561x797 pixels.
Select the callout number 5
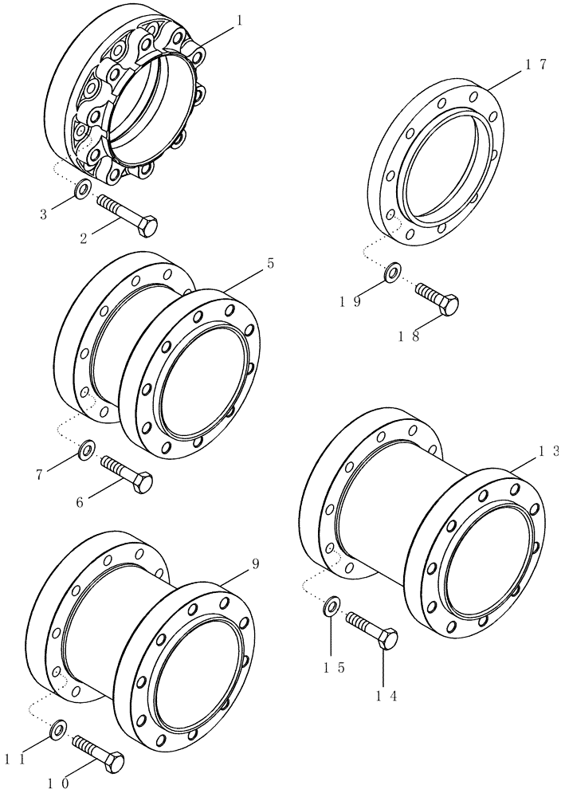[270, 263]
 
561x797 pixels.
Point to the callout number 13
[549, 450]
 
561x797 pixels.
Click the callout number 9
[255, 563]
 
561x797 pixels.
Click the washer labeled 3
[81, 190]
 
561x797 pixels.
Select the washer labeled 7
[86, 452]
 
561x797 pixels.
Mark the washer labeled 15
[332, 608]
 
